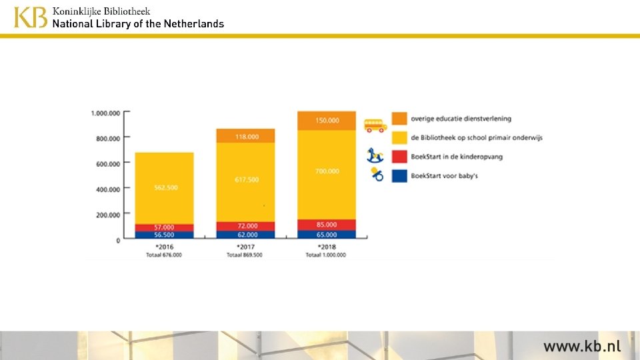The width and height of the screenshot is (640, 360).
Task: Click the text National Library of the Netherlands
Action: (138, 23)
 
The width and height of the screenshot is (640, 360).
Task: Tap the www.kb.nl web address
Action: (581, 346)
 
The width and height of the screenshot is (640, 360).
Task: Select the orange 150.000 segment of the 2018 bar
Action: (327, 121)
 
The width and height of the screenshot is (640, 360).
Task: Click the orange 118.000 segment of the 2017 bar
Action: (245, 136)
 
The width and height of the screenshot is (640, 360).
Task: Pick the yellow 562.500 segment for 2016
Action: (165, 188)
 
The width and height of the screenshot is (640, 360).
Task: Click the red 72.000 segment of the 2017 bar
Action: (245, 227)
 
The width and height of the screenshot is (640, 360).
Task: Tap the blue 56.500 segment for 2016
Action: (165, 235)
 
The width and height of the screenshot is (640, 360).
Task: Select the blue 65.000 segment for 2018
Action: (327, 235)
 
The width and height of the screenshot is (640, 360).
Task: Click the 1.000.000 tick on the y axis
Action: (105, 113)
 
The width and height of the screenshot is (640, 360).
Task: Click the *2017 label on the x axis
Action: (244, 247)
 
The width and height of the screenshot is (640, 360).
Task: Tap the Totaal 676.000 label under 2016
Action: (165, 255)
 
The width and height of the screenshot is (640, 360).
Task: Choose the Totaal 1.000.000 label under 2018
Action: (326, 255)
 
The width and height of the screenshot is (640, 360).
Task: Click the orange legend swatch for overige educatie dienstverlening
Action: (399, 119)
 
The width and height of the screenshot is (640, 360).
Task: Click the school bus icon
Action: (375, 125)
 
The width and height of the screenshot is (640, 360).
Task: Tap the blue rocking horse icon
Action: (375, 156)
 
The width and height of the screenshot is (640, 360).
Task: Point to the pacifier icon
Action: (377, 175)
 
